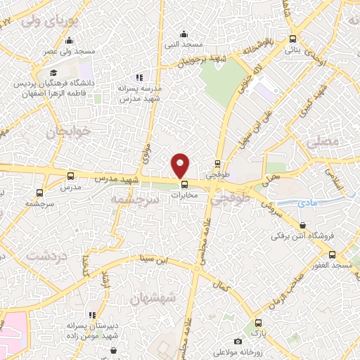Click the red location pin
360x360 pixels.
[x=181, y=165]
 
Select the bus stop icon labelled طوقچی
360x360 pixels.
[x=218, y=163]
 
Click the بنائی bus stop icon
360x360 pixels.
[x=293, y=39]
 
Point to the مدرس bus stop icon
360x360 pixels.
[x=70, y=176]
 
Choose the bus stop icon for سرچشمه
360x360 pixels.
[x=39, y=191]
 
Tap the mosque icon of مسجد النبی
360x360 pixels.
[x=184, y=34]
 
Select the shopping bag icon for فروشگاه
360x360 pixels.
[x=302, y=225]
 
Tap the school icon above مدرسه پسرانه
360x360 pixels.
[x=139, y=77]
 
